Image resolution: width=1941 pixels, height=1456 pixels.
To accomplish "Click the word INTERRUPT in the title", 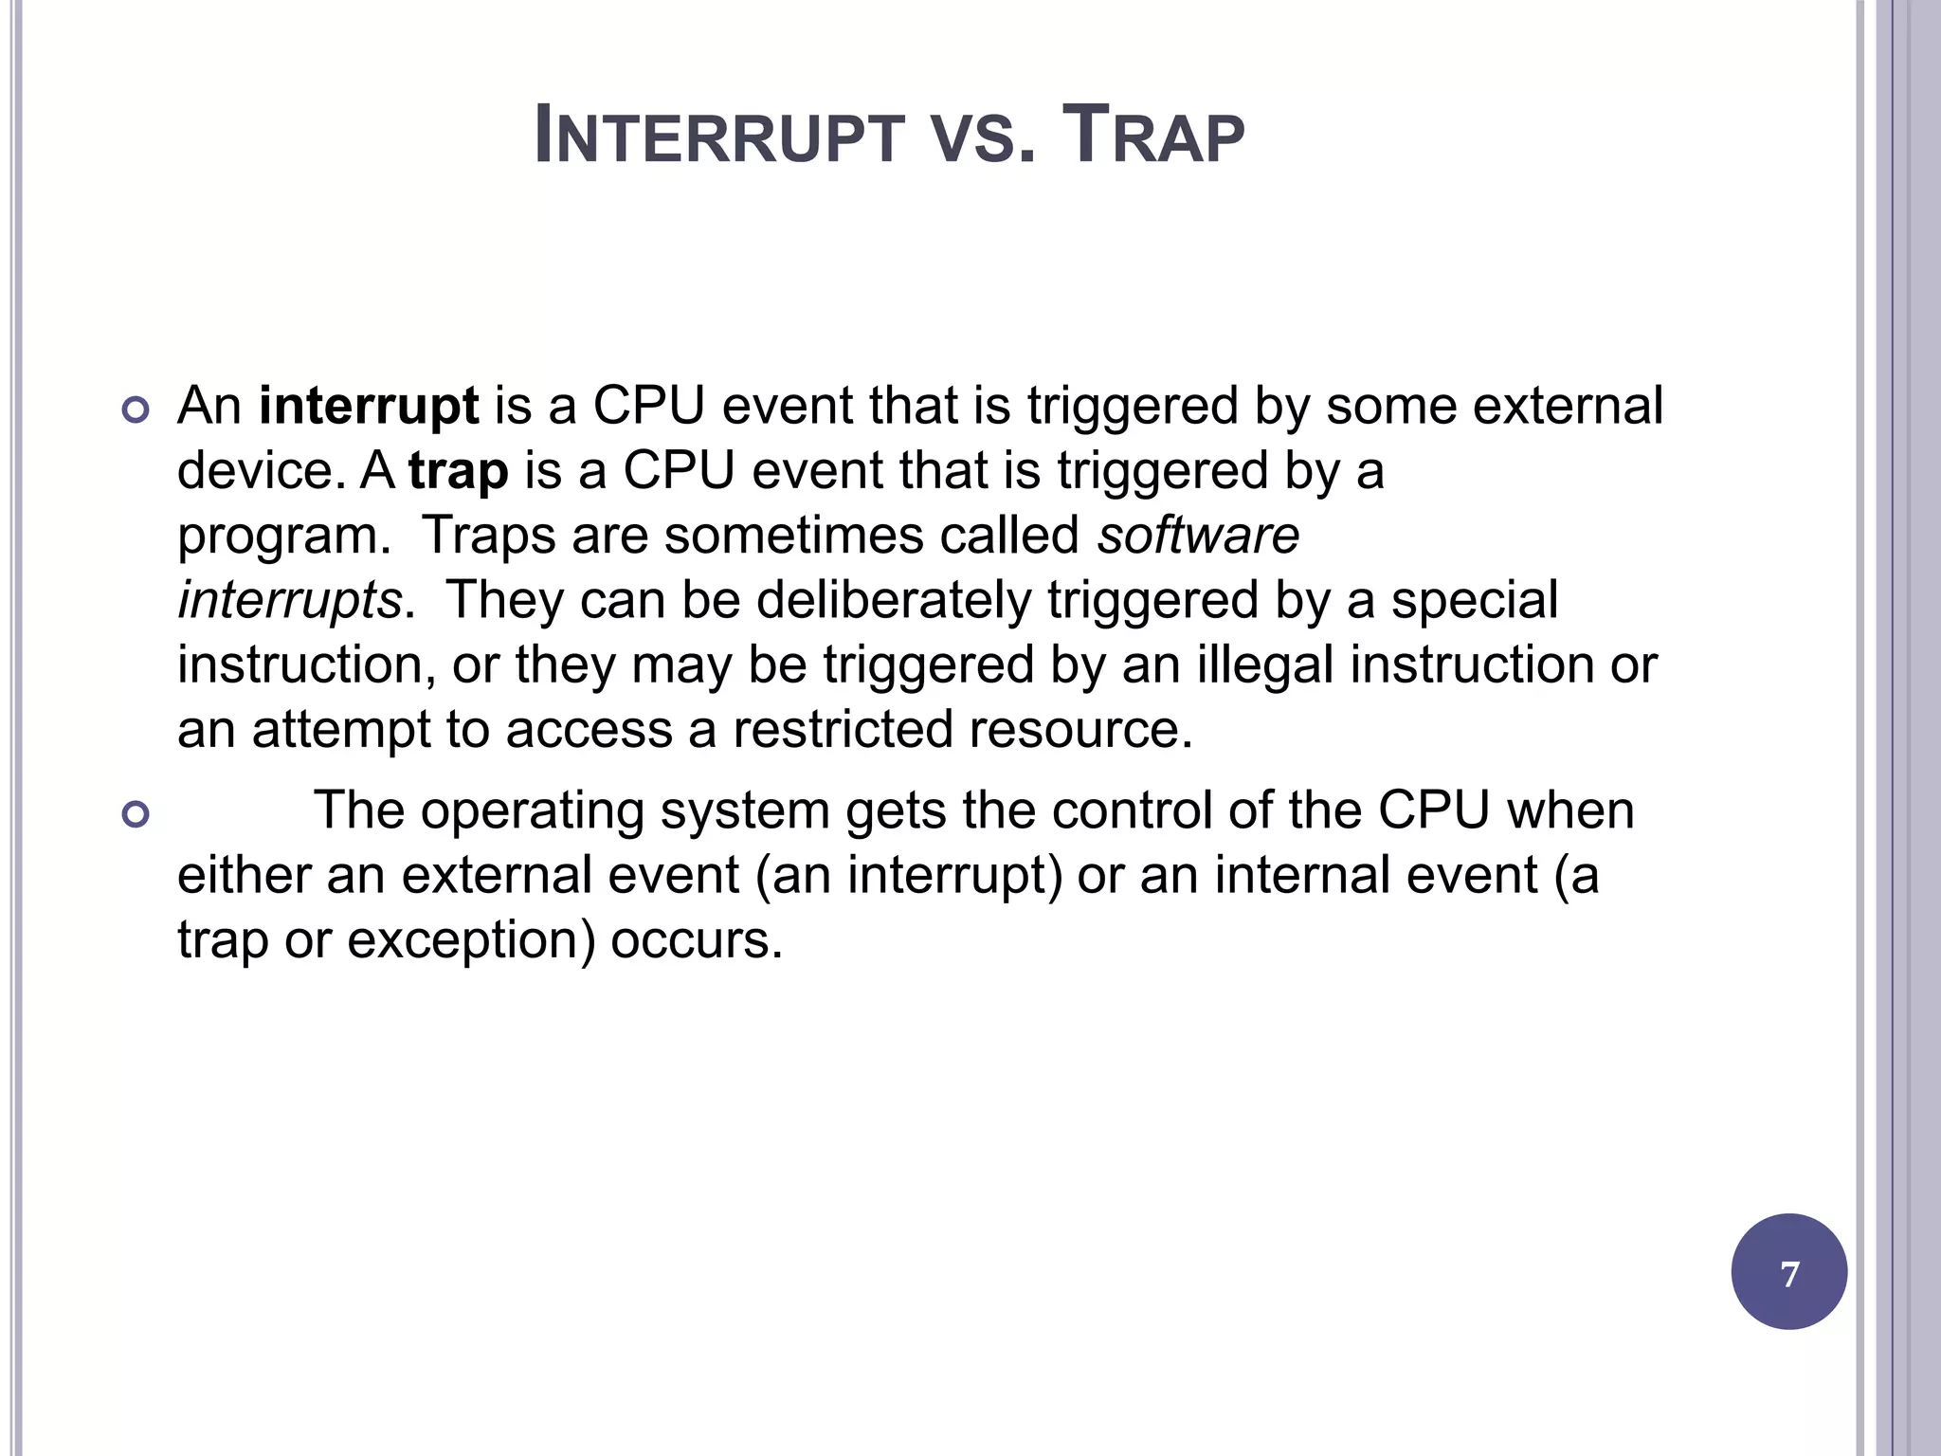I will pos(719,136).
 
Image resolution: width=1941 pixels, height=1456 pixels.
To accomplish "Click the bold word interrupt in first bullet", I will pos(369,406).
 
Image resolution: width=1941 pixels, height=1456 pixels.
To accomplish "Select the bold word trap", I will pos(459,471).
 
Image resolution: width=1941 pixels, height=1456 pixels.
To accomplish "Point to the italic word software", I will pos(1198,536).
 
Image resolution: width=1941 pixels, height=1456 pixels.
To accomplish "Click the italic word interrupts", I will pos(290,601).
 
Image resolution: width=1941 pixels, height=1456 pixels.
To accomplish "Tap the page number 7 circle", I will pos(1788,1272).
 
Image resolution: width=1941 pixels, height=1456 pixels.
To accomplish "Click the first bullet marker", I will pos(136,410).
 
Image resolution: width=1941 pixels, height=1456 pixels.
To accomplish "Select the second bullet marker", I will pos(136,814).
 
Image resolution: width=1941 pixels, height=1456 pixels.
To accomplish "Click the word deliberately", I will pos(893,601).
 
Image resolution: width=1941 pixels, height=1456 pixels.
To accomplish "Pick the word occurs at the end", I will pos(696,940).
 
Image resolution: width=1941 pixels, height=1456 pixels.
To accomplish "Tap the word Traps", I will pos(488,536).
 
